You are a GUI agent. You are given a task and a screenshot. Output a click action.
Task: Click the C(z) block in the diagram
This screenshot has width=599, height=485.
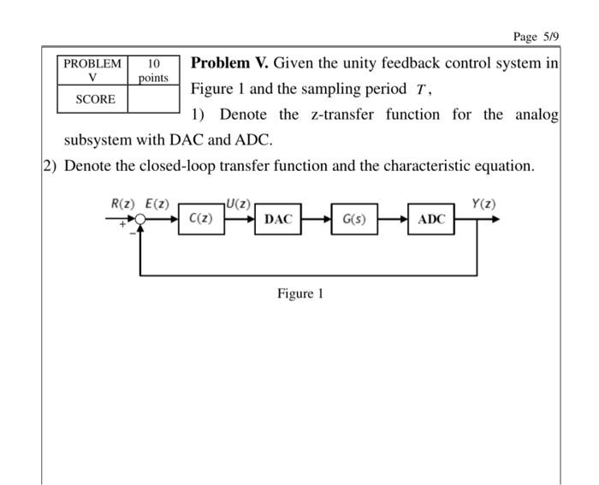(x=200, y=219)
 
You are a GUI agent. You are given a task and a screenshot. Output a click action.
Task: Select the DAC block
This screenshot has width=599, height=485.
(x=278, y=219)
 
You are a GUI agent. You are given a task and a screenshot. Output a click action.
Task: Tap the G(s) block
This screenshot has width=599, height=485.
(x=354, y=219)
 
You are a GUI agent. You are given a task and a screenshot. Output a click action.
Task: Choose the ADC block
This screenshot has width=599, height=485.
(x=431, y=219)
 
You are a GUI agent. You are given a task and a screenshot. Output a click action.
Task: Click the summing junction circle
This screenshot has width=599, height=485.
(x=140, y=220)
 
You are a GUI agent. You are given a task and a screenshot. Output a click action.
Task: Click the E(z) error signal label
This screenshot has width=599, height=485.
(x=157, y=204)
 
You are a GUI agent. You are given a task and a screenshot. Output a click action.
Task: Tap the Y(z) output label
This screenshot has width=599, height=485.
(x=483, y=204)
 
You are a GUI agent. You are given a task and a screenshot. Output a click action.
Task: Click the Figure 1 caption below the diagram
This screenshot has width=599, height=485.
(x=299, y=294)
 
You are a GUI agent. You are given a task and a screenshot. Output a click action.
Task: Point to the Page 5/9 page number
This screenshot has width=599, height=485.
(x=536, y=36)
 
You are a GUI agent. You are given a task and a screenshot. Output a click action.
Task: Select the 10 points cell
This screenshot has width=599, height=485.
(x=154, y=71)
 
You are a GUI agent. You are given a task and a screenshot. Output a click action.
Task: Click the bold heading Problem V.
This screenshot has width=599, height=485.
(x=229, y=63)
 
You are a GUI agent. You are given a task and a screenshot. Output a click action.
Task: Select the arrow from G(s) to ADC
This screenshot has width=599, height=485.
(x=393, y=219)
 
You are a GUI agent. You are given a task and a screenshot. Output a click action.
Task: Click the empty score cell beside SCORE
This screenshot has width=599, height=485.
(x=154, y=99)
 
